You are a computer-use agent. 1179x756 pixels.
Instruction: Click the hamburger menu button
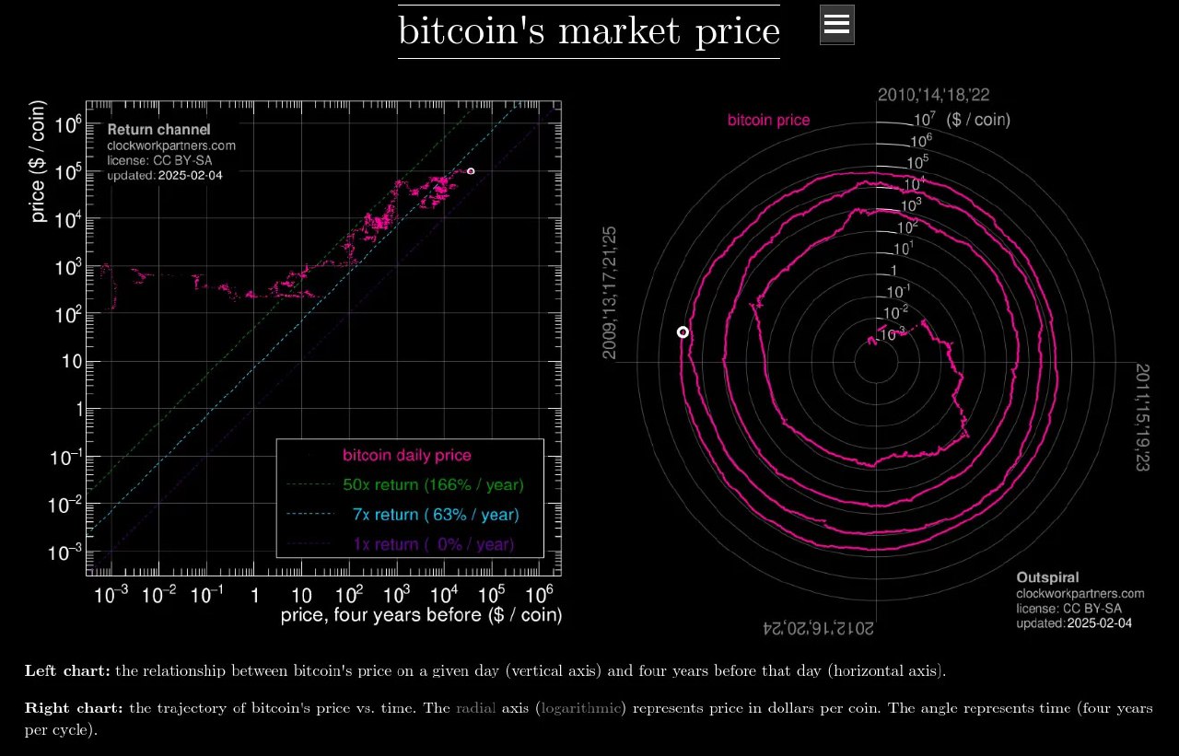click(x=836, y=25)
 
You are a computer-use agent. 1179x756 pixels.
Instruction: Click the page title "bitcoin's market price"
click(x=589, y=31)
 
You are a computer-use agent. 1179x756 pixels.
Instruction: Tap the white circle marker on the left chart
click(x=471, y=171)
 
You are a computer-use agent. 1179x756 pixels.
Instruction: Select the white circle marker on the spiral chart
click(x=683, y=331)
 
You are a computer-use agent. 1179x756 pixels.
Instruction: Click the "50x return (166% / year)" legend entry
click(x=433, y=484)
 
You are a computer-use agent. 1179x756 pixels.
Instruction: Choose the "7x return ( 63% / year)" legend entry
click(x=435, y=515)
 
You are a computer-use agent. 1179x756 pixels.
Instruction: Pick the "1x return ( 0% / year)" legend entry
click(x=433, y=544)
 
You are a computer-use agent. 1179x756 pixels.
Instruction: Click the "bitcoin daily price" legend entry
click(x=406, y=455)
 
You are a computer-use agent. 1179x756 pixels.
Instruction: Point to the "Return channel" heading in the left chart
click(x=158, y=130)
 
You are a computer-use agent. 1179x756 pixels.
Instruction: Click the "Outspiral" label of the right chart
click(x=1047, y=577)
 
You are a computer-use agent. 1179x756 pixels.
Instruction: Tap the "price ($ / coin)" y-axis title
click(x=39, y=174)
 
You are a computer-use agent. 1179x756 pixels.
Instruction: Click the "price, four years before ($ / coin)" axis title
click(x=421, y=615)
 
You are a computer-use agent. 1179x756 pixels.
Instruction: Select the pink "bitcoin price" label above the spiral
click(x=768, y=120)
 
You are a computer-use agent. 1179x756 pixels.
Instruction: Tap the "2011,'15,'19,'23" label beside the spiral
click(x=1142, y=417)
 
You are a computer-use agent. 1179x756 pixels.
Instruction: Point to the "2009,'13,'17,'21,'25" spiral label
click(x=610, y=292)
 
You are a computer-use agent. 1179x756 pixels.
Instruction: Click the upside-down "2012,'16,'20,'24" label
click(x=818, y=628)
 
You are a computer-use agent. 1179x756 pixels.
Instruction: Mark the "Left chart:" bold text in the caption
click(x=67, y=670)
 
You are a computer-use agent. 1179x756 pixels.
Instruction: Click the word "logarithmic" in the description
click(x=582, y=708)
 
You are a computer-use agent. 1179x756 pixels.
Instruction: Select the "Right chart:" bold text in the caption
click(x=74, y=708)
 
